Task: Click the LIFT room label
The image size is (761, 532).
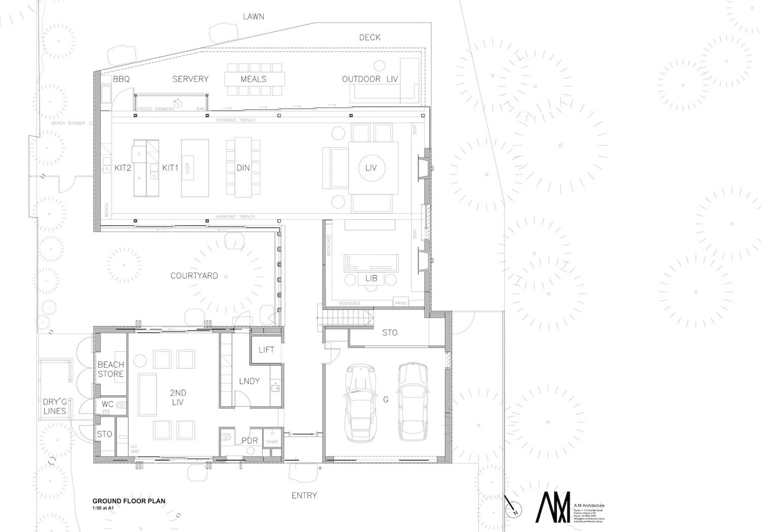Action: point(266,350)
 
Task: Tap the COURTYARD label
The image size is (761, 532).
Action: point(194,276)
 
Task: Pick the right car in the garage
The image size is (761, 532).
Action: point(413,401)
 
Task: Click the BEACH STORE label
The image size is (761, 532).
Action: point(111,370)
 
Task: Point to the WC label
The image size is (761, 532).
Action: point(107,404)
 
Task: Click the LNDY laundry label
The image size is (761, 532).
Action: point(249,381)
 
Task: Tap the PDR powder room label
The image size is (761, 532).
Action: point(250,441)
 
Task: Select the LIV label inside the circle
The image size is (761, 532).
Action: point(371,168)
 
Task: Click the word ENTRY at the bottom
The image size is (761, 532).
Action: point(304,495)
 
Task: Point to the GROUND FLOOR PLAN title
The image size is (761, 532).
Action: point(129,501)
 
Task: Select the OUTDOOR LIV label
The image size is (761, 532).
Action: point(370,79)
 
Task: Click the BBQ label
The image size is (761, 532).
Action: point(121,79)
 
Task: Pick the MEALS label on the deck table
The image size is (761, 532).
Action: point(253,79)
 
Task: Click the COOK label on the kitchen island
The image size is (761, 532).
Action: point(188,168)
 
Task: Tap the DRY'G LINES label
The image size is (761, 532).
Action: point(54,406)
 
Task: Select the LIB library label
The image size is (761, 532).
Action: point(371,279)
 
